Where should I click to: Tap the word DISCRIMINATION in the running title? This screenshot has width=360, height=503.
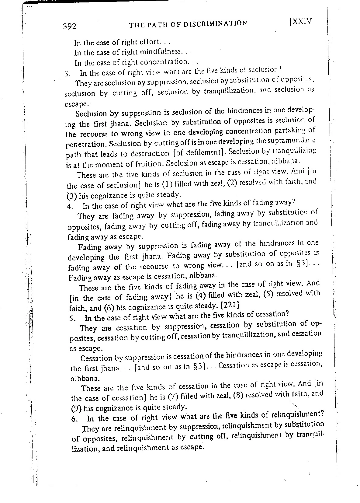(215, 23)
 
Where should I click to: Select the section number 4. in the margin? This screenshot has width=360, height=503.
(70, 206)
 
